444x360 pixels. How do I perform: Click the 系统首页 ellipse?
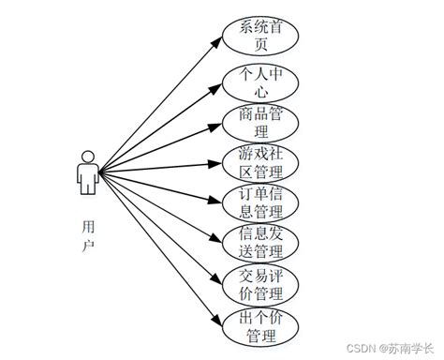coord(261,37)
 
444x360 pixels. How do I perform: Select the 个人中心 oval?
coord(261,82)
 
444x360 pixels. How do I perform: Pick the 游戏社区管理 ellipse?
coord(261,162)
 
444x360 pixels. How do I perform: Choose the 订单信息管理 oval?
coord(261,202)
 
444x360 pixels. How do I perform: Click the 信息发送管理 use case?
coord(261,241)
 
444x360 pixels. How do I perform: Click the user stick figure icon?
coord(87,172)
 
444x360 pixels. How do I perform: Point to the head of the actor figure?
coord(87,156)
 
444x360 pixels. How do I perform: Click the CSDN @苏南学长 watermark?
coord(391,347)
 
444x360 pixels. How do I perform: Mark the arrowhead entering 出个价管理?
coord(217,320)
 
